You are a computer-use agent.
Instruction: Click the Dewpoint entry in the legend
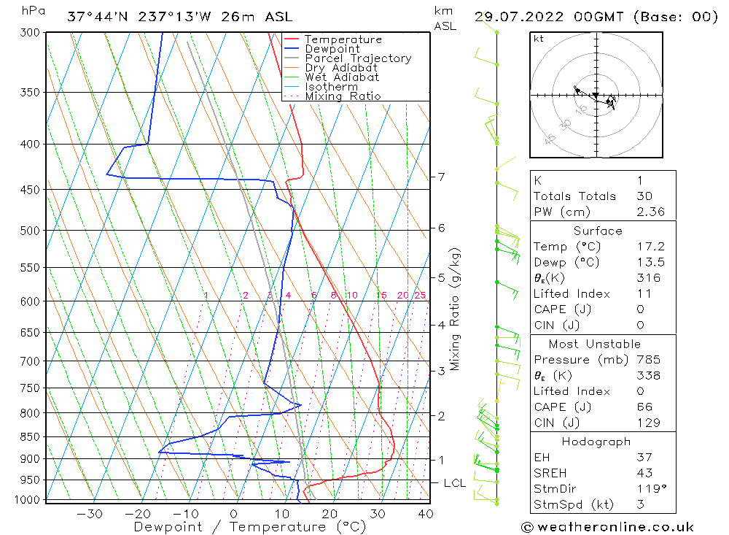tap(332, 49)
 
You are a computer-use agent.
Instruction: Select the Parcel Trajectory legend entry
tap(358, 58)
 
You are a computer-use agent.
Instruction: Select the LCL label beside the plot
tap(455, 483)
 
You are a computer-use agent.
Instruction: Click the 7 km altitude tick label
tap(441, 177)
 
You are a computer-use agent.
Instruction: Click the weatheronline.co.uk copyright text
tap(607, 527)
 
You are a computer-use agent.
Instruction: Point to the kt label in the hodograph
tap(539, 39)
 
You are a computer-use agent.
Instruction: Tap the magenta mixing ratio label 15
tap(381, 296)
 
